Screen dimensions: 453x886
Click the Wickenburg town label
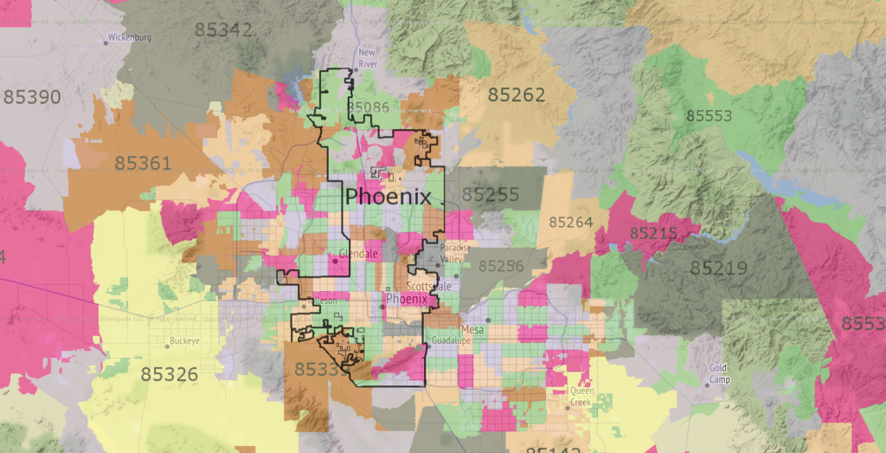[131, 39]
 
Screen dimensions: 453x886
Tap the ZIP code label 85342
[224, 30]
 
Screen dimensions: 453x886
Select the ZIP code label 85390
[32, 96]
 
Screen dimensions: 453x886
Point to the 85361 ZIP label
[143, 162]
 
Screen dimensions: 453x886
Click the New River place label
[367, 58]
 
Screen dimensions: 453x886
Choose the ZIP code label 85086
[368, 107]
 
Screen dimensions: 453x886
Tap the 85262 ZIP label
[517, 94]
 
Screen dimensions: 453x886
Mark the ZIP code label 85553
[709, 115]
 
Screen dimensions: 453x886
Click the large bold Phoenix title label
[388, 197]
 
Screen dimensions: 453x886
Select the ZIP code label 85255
[491, 196]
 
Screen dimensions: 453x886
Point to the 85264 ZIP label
[570, 223]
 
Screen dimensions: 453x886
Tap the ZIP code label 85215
[653, 234]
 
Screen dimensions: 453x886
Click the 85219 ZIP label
[719, 269]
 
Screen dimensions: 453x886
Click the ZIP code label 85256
[501, 267]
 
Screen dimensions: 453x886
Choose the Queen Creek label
[581, 396]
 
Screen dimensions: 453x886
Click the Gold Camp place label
[719, 373]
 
